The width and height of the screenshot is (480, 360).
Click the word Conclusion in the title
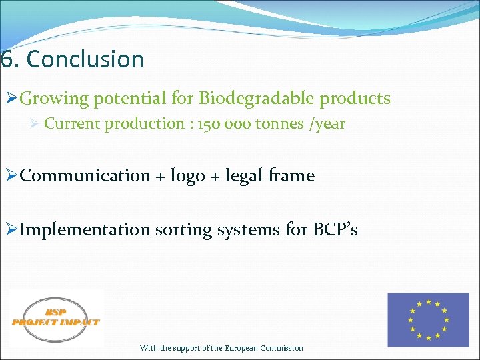pyautogui.click(x=85, y=59)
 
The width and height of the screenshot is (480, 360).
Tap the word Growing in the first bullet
pyautogui.click(x=54, y=99)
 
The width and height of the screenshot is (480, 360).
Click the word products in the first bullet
pyautogui.click(x=355, y=99)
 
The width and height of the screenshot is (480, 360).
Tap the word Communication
pyautogui.click(x=85, y=176)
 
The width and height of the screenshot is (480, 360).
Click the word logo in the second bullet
pyautogui.click(x=188, y=176)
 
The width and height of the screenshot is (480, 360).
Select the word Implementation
pyautogui.click(x=85, y=230)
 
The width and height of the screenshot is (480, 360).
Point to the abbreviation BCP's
pyautogui.click(x=335, y=230)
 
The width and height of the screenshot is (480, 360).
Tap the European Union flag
pyautogui.click(x=429, y=320)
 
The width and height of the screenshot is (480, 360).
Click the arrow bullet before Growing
pyautogui.click(x=11, y=99)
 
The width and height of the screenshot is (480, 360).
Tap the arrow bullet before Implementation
pyautogui.click(x=11, y=231)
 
